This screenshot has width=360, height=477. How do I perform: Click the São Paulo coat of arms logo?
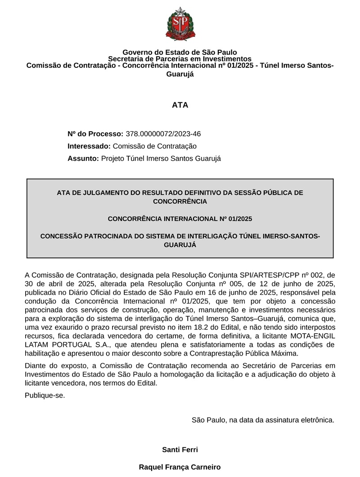click(180, 24)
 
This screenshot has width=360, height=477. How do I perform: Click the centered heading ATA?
click(180, 105)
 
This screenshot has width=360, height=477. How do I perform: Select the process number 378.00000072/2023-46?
click(163, 134)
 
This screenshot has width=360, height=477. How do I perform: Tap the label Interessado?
click(89, 146)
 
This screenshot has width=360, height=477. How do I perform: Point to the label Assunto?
click(83, 158)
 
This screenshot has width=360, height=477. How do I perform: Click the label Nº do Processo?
click(95, 134)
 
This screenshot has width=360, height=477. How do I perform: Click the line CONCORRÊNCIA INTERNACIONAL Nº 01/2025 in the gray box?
click(180, 219)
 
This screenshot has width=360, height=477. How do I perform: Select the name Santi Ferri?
click(180, 450)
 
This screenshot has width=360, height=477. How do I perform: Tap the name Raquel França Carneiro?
click(180, 467)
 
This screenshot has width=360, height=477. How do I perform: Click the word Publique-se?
click(45, 396)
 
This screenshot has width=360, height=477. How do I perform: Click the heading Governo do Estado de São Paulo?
click(180, 53)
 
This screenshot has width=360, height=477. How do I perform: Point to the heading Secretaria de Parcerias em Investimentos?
click(180, 59)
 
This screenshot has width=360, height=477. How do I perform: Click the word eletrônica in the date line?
click(318, 420)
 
